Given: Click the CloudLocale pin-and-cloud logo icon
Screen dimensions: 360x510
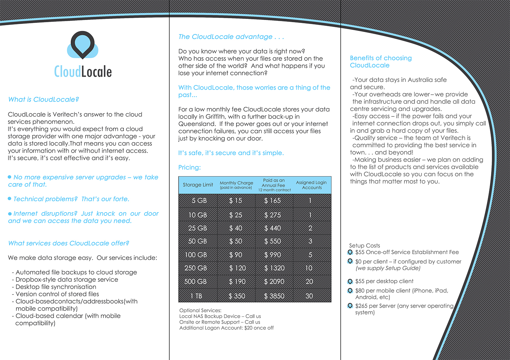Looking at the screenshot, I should pyautogui.click(x=83, y=45).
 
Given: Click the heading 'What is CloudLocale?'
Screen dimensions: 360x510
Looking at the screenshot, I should pyautogui.click(x=43, y=99).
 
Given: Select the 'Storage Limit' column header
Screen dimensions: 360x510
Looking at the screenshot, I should pyautogui.click(x=198, y=185).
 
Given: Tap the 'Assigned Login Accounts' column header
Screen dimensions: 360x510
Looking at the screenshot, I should pyautogui.click(x=311, y=185).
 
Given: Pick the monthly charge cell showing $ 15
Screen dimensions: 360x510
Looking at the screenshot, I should pyautogui.click(x=236, y=201).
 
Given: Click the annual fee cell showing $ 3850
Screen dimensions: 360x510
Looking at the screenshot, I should pyautogui.click(x=274, y=296).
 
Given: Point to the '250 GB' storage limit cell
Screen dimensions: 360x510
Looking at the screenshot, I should pyautogui.click(x=196, y=268).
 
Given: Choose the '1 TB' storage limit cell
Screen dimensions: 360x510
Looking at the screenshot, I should pyautogui.click(x=196, y=296).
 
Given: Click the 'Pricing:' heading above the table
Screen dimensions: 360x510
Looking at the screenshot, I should pyautogui.click(x=189, y=167).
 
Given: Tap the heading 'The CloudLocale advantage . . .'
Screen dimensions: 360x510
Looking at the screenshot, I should pyautogui.click(x=231, y=37).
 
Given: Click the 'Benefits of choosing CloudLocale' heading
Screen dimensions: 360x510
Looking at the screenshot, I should pyautogui.click(x=381, y=62).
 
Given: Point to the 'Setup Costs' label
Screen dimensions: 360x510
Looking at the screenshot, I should pyautogui.click(x=364, y=246).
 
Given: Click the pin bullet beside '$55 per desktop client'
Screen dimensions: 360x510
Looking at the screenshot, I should pyautogui.click(x=350, y=281).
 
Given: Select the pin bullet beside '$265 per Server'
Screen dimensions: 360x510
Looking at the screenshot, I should pyautogui.click(x=350, y=306).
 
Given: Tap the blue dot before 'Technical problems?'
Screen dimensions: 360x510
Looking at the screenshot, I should pyautogui.click(x=10, y=199).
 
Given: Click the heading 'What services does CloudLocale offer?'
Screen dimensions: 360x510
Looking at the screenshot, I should pyautogui.click(x=68, y=243).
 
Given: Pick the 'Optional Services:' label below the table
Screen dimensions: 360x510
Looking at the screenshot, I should pyautogui.click(x=200, y=310).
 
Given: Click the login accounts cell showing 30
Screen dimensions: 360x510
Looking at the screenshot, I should pyautogui.click(x=309, y=296).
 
